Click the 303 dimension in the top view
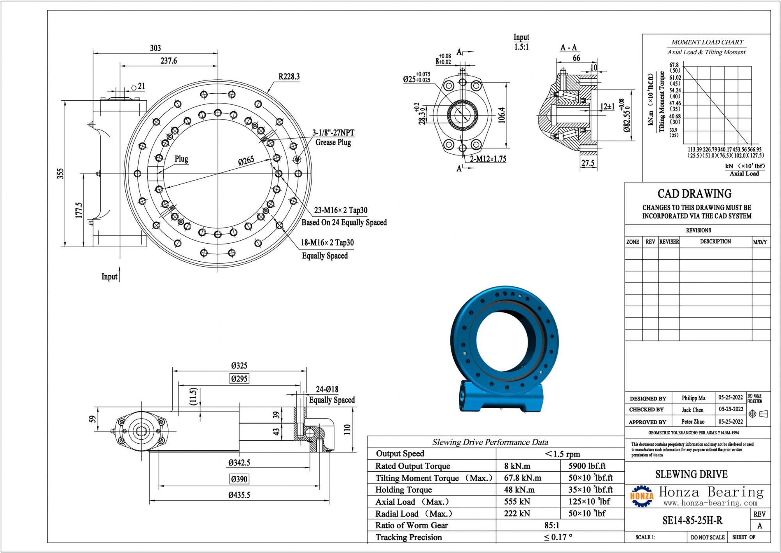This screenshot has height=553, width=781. pyautogui.click(x=155, y=48)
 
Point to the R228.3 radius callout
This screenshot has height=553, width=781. pyautogui.click(x=289, y=77)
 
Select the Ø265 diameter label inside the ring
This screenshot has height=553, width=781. pyautogui.click(x=246, y=161)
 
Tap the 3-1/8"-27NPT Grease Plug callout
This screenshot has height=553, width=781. pyautogui.click(x=333, y=137)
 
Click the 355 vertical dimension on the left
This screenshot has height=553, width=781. pyautogui.click(x=60, y=173)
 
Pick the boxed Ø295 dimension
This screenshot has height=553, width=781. pyautogui.click(x=239, y=378)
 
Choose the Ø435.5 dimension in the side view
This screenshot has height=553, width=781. pyautogui.click(x=239, y=495)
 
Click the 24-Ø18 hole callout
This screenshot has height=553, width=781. pyautogui.click(x=327, y=389)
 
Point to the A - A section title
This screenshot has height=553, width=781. pyautogui.click(x=569, y=48)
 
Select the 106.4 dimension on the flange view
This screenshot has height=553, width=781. pyautogui.click(x=502, y=115)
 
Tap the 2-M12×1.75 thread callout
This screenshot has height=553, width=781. pyautogui.click(x=488, y=159)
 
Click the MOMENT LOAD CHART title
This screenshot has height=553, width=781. pyautogui.click(x=707, y=42)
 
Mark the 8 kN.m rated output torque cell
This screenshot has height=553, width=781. pyautogui.click(x=517, y=466)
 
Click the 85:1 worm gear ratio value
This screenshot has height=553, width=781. pyautogui.click(x=552, y=525)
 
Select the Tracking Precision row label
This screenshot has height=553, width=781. pyautogui.click(x=408, y=537)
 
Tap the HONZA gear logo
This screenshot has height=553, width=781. pyautogui.click(x=641, y=496)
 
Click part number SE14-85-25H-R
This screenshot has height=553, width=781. pyautogui.click(x=692, y=520)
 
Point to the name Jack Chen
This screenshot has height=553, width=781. pyautogui.click(x=692, y=410)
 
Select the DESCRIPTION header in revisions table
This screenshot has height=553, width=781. pyautogui.click(x=715, y=241)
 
